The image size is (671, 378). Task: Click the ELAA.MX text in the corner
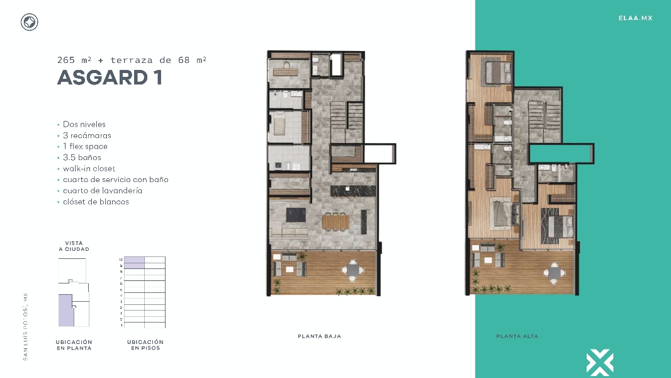pos(635,18)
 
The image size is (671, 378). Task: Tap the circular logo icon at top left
pos(30,23)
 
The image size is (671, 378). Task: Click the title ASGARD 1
pos(110,77)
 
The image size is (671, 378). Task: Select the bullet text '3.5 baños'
pos(82,157)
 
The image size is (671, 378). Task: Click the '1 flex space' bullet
pos(85,147)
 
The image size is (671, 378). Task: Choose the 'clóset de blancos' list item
pos(96,202)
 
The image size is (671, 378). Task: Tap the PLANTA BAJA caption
pos(319,336)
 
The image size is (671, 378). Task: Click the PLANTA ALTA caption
pos(517,336)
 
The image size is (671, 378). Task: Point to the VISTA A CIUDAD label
pos(74,246)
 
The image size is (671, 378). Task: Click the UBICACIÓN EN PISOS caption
pos(145,345)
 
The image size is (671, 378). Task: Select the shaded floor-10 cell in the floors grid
pos(134,260)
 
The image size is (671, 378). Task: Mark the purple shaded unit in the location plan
pos(65,310)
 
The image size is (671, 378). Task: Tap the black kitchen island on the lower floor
pos(352,190)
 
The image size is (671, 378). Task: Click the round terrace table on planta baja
pos(352,271)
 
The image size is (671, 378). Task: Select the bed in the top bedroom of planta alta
pos(497,71)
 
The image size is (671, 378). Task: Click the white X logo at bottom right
pos(599,362)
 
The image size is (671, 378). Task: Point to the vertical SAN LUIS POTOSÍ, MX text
pos(26,326)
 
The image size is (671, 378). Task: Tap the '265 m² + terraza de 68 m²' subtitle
pos(132,60)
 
